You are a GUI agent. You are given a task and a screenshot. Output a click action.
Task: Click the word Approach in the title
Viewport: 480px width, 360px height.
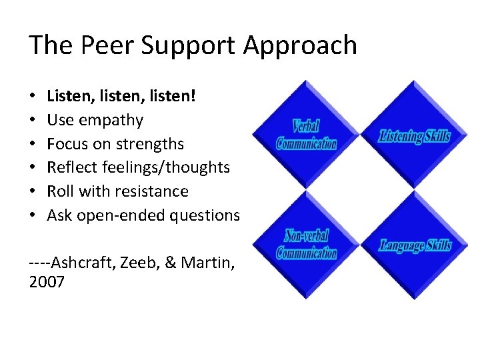(x=300, y=47)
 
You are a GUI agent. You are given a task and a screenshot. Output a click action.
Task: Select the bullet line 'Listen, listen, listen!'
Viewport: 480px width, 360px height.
(x=121, y=97)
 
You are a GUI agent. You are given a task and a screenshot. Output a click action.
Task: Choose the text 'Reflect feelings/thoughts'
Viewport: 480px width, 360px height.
(x=138, y=167)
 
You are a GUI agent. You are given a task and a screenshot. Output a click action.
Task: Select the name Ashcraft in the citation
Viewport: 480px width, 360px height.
(x=82, y=262)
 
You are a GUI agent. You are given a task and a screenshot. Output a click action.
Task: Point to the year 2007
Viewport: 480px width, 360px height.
(x=47, y=282)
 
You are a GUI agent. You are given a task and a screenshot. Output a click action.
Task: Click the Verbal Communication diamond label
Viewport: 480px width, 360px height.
(x=306, y=135)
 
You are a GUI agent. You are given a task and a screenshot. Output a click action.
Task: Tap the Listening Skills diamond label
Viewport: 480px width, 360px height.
(x=415, y=137)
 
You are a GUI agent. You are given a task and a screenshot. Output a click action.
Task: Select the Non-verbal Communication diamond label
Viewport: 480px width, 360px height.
(x=306, y=245)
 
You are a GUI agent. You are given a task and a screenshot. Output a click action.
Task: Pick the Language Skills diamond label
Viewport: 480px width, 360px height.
(x=415, y=246)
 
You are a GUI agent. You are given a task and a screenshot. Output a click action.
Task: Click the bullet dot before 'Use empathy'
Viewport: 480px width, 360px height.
(x=33, y=121)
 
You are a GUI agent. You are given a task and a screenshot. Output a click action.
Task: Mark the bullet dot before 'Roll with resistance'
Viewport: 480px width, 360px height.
(x=33, y=191)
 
